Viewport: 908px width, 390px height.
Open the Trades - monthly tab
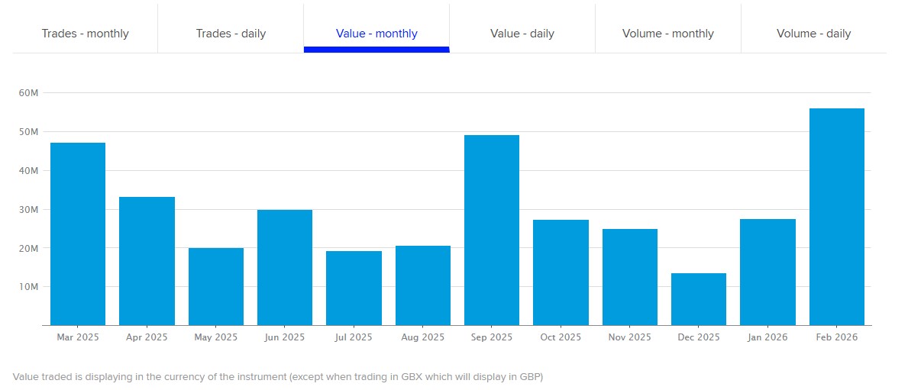85,34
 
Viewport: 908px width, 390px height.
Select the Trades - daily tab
231,34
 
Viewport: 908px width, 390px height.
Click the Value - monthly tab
376,34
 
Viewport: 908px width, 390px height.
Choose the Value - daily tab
522,34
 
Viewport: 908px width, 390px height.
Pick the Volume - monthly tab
668,34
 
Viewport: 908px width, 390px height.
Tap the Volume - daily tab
813,34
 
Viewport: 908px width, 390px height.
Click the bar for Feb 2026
836,218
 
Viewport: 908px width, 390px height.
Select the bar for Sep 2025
492,230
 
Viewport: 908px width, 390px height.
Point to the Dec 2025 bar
699,299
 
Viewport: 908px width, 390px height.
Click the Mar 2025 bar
78,234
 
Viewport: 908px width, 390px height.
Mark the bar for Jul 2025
354,288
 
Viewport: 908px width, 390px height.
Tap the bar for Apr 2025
147,261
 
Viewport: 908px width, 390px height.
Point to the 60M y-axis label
29,92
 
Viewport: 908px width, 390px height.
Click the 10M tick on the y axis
29,287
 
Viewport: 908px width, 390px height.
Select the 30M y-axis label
29,209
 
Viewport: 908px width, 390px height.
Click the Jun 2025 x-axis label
285,337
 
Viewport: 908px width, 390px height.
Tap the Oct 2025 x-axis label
561,337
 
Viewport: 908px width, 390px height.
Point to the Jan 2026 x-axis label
767,337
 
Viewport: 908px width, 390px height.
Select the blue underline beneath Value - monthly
376,50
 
